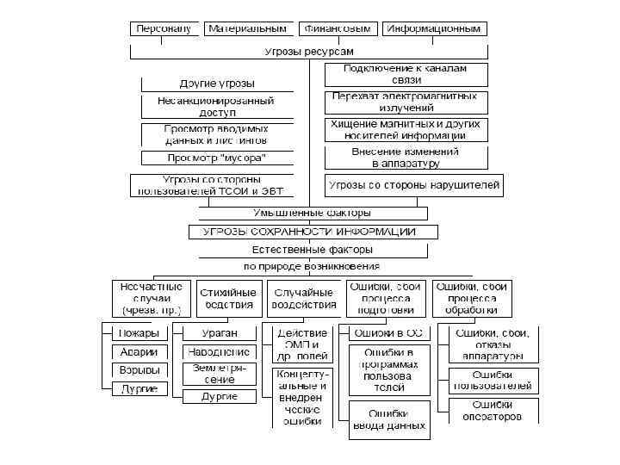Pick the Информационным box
point(434,29)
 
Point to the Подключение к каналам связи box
point(406,74)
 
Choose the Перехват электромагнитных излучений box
point(406,102)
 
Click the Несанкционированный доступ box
point(215,107)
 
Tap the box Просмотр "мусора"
point(215,158)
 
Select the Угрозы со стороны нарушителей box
point(414,185)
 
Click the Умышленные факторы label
point(313,213)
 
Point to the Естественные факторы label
point(313,251)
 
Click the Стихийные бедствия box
point(228,299)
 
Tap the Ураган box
point(220,332)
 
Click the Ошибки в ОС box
point(388,332)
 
